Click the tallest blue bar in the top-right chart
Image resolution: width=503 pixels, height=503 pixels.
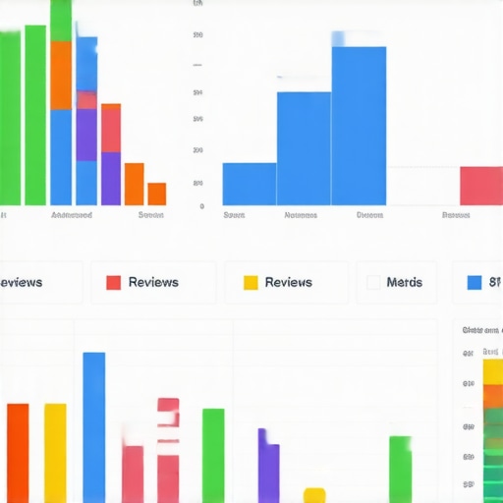359,126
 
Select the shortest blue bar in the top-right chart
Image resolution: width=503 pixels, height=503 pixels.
250,184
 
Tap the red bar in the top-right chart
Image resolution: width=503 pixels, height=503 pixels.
480,186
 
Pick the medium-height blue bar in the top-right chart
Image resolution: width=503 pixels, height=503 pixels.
304,147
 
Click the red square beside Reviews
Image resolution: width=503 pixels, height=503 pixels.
113,282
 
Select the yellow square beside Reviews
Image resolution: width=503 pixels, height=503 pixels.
251,282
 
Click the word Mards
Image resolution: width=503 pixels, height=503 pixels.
404,282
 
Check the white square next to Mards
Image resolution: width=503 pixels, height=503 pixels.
373,282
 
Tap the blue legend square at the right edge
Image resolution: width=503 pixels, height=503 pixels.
475,282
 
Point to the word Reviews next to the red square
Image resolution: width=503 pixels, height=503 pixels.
153,282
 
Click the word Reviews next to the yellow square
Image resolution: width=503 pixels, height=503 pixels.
289,282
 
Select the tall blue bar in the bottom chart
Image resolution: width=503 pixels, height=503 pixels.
93,427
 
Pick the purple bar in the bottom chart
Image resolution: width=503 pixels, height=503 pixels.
268,467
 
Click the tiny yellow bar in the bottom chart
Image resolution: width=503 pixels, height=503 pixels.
314,495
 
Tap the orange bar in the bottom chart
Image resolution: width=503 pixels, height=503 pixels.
18,452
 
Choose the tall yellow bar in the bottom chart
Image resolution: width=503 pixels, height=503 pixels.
55,452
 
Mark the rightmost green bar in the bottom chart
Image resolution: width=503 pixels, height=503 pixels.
400,470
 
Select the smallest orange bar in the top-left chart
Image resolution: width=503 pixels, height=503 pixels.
156,194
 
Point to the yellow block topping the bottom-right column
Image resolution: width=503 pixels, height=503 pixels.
492,371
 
